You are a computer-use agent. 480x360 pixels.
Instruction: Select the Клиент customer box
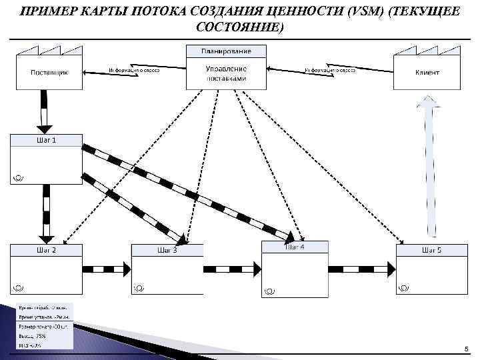coord(427,71)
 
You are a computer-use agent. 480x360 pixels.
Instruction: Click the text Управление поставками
coord(227,73)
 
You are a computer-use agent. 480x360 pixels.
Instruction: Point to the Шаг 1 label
coord(45,140)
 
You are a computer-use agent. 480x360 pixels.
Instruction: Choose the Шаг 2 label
coord(45,250)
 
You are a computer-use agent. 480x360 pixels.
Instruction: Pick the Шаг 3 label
coord(167,250)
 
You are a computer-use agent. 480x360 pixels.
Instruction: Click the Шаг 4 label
coord(295,247)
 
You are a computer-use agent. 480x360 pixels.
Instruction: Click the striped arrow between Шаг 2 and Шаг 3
coord(107,269)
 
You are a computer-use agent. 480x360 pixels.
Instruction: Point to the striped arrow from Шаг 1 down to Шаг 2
coord(46,213)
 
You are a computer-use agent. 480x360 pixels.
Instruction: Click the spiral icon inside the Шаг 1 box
coord(18,177)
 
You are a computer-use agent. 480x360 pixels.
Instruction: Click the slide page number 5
coord(466,349)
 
